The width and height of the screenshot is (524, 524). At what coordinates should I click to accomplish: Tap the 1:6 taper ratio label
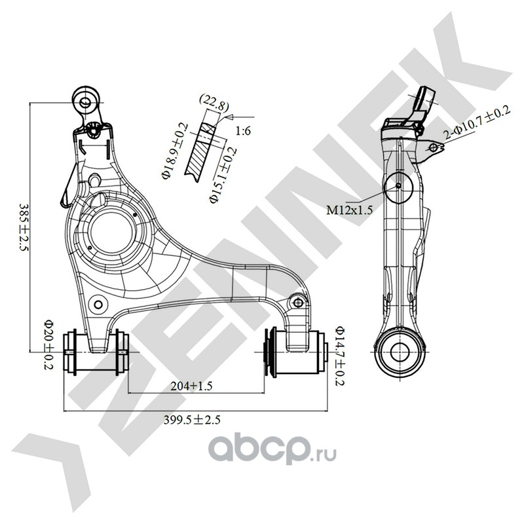coord(244,132)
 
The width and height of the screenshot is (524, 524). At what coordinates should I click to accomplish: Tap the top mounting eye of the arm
coord(85,100)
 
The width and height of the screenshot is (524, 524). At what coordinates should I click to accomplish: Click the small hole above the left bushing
coord(99,303)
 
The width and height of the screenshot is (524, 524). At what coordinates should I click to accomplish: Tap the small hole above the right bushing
coord(300,302)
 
